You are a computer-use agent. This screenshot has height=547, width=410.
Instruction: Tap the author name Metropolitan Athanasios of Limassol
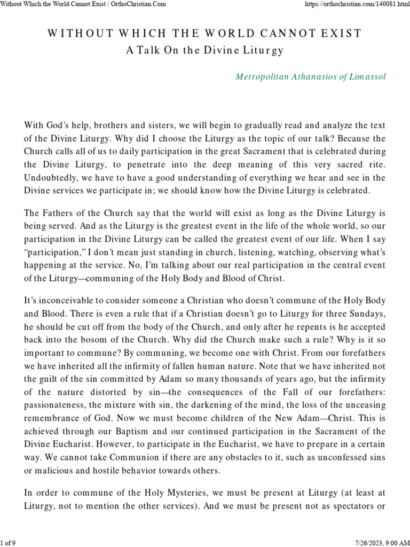pyautogui.click(x=310, y=76)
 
